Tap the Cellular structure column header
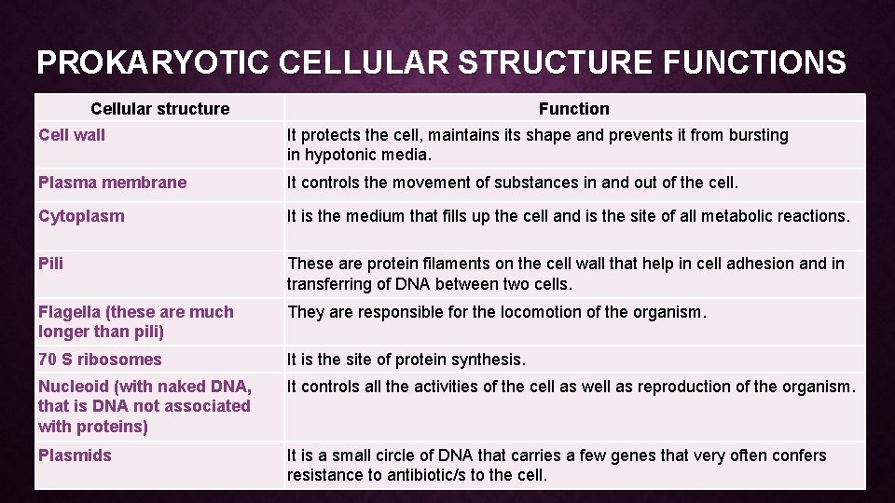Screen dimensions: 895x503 click(x=159, y=109)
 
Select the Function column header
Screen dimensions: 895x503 click(x=573, y=109)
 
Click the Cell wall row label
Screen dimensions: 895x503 click(x=72, y=135)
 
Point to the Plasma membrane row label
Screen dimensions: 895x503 click(x=112, y=183)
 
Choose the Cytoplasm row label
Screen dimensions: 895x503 click(x=81, y=216)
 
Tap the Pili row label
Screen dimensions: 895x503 click(x=50, y=264)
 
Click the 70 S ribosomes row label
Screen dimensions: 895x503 click(x=100, y=360)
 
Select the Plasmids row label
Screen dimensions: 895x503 click(x=75, y=455)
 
